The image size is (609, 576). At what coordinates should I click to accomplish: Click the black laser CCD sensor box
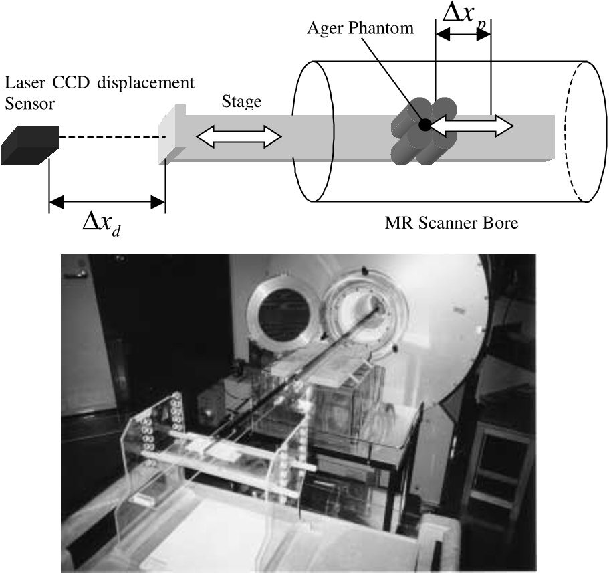tap(30, 145)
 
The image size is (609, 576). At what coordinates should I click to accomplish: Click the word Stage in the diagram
tap(241, 102)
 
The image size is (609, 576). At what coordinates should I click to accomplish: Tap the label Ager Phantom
tap(360, 28)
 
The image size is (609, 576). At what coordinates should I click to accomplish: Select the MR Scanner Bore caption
tap(451, 223)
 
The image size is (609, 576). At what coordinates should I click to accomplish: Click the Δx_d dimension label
tap(102, 225)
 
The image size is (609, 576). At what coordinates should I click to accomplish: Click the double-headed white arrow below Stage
tap(239, 136)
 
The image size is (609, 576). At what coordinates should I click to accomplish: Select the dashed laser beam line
tap(113, 137)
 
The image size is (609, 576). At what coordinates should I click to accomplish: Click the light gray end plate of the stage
tap(172, 133)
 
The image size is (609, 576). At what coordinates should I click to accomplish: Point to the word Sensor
tap(30, 104)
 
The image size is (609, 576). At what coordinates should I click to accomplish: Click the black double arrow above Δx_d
tap(107, 202)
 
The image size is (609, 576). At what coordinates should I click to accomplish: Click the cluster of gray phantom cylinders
tap(424, 130)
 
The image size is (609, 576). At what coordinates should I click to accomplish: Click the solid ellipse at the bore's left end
tap(314, 131)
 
